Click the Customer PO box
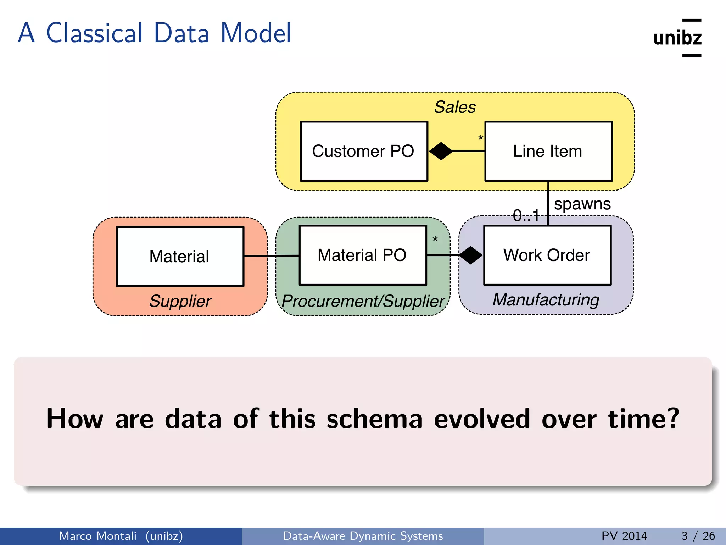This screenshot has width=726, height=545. [x=364, y=152]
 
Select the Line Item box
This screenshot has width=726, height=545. [x=548, y=152]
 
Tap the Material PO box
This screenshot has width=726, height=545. [x=363, y=255]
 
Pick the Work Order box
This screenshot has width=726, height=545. [x=547, y=255]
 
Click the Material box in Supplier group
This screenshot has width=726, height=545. [x=180, y=256]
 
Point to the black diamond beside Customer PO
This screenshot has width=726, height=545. [x=441, y=151]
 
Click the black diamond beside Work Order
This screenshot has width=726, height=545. [x=471, y=255]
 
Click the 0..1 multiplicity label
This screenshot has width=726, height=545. [x=526, y=215]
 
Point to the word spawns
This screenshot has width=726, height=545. [x=582, y=204]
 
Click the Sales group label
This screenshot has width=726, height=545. [x=455, y=107]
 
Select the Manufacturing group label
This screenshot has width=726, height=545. [x=546, y=300]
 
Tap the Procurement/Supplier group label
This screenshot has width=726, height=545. [x=363, y=301]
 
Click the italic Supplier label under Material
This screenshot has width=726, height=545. [x=180, y=301]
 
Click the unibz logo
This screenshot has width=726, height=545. [x=677, y=38]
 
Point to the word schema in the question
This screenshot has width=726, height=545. [x=374, y=419]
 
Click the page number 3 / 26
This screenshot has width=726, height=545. [x=698, y=536]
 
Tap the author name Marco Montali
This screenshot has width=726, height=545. [x=97, y=536]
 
